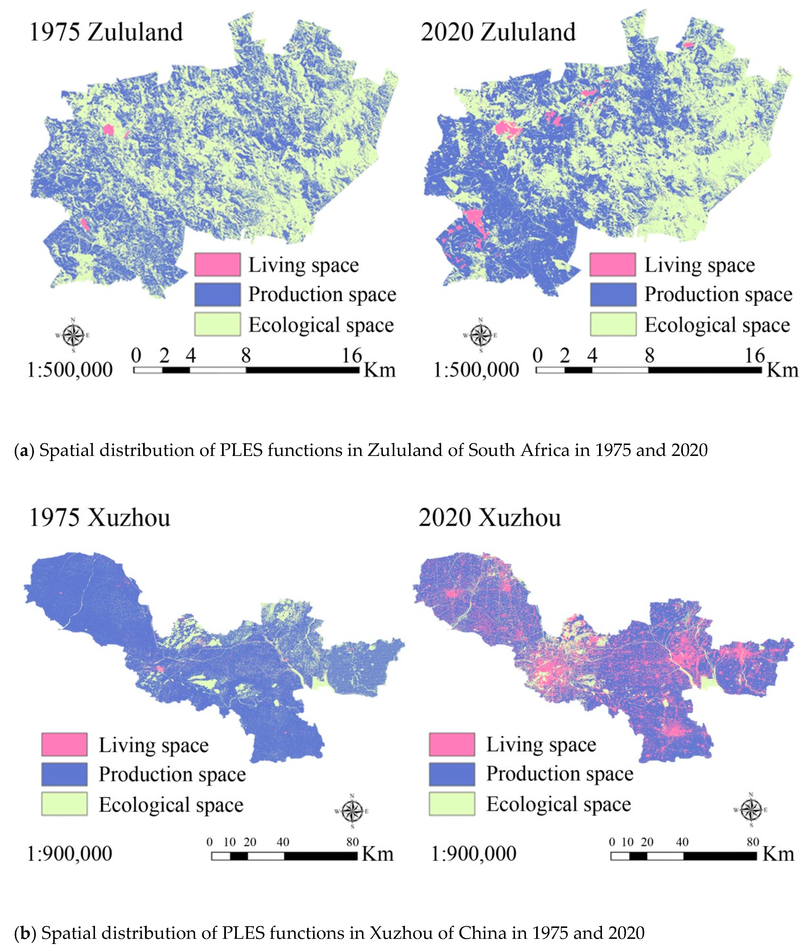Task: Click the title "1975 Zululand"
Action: [106, 32]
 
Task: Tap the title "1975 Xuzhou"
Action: [99, 517]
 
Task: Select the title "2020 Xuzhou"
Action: [489, 517]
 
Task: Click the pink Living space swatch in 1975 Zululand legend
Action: [218, 265]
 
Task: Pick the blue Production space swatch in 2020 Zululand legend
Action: [613, 294]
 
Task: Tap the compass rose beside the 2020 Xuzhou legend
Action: [751, 810]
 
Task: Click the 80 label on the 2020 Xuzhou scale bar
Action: [753, 842]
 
